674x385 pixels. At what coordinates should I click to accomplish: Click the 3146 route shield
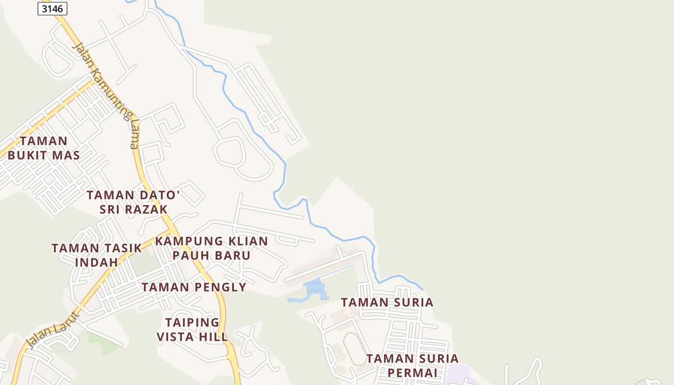(52, 9)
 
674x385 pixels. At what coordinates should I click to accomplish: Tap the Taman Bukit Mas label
(44, 148)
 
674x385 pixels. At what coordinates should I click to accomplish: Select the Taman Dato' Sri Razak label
(133, 202)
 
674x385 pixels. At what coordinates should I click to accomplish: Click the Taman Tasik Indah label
(97, 255)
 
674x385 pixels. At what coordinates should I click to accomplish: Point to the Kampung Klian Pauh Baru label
(211, 248)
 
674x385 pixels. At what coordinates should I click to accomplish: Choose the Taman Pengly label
(194, 287)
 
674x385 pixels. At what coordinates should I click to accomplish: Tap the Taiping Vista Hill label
(192, 330)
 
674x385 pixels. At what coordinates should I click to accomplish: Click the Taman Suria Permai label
(412, 366)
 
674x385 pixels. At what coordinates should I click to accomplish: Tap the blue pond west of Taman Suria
(313, 290)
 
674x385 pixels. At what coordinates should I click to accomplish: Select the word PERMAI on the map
(412, 373)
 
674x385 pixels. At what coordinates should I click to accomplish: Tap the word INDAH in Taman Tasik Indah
(97, 262)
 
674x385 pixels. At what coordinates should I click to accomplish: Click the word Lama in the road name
(134, 135)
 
